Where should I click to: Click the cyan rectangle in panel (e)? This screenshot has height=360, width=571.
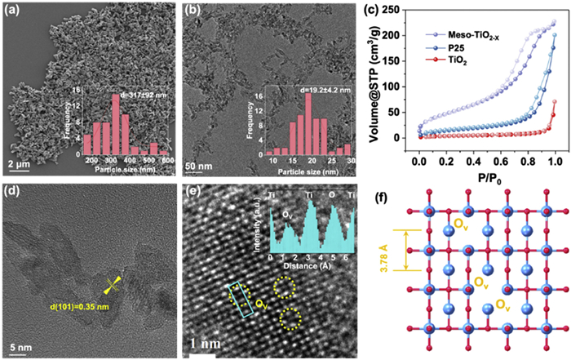coord(241,295)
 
